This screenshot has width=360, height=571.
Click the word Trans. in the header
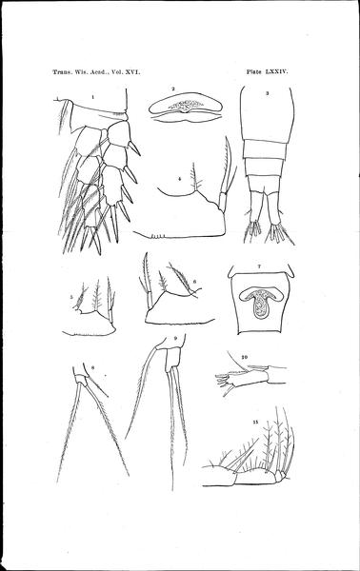62,72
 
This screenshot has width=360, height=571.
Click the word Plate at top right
254,71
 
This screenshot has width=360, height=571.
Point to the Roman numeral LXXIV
277,71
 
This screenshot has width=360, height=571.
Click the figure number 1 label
93,97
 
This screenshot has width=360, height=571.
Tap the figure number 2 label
173,89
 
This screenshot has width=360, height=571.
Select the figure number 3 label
267,93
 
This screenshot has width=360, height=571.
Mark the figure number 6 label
194,282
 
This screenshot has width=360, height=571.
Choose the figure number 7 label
259,266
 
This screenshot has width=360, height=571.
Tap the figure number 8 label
93,367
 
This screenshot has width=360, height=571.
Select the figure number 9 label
175,338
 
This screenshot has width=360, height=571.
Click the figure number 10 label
245,357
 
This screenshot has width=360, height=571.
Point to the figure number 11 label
255,422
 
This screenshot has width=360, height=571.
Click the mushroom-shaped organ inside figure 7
259,302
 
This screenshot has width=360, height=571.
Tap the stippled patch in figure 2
186,106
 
